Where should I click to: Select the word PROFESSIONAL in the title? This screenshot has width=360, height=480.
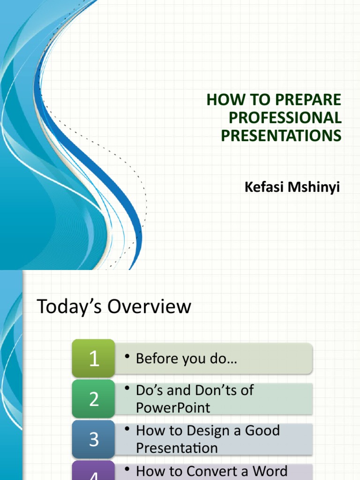click(x=285, y=117)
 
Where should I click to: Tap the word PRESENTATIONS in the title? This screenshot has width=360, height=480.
click(x=281, y=135)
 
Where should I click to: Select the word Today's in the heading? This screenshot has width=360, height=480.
click(x=69, y=307)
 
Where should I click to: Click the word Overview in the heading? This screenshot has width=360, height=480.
click(x=150, y=307)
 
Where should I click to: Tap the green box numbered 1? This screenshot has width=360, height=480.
click(x=94, y=359)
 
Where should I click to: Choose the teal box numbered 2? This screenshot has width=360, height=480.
click(x=94, y=399)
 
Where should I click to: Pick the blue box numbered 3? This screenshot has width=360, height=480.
click(x=94, y=439)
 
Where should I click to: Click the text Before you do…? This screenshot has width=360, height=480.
click(x=186, y=359)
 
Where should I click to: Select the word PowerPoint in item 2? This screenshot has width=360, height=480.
click(x=173, y=407)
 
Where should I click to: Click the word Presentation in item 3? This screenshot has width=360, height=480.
click(x=177, y=448)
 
